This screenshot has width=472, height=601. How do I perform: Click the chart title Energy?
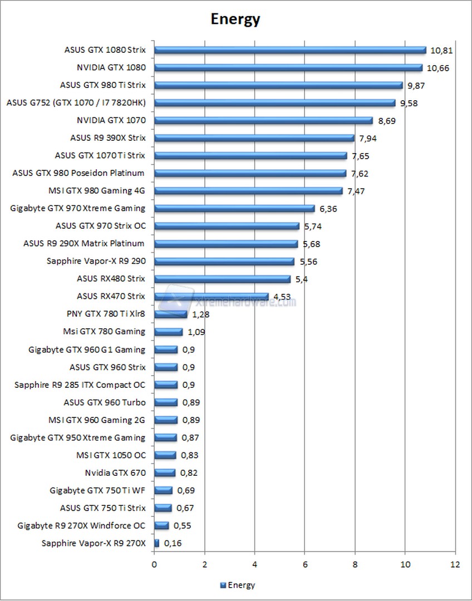[235, 19]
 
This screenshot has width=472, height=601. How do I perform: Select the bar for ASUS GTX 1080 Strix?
[289, 50]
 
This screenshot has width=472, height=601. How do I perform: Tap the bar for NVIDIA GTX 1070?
[263, 120]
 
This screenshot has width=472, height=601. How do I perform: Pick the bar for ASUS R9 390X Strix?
[254, 138]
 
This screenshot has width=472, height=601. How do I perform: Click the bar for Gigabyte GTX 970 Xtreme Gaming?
[234, 209]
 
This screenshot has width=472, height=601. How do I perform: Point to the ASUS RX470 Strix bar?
[211, 297]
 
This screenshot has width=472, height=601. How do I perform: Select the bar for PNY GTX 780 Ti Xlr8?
[170, 314]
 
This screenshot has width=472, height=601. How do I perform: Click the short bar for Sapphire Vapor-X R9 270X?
[156, 543]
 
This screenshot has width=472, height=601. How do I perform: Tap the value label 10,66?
[437, 68]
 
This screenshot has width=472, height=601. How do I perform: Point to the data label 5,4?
[301, 279]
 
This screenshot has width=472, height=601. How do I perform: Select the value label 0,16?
[171, 543]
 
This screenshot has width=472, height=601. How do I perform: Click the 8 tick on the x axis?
[355, 564]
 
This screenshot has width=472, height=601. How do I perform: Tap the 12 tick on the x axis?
[455, 564]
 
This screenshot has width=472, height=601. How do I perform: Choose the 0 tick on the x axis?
[154, 564]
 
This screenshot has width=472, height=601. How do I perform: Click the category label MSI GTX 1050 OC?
[110, 455]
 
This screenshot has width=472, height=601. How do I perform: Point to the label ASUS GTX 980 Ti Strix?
[102, 85]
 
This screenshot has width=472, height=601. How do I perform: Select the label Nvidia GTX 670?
[115, 473]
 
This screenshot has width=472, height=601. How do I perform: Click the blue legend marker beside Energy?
[223, 585]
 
